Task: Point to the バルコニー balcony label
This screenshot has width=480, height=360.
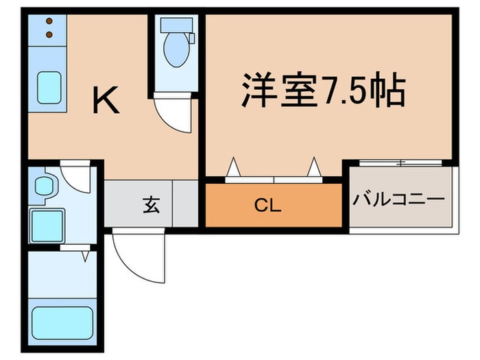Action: (x=399, y=200)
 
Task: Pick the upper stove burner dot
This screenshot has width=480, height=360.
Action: (x=49, y=22)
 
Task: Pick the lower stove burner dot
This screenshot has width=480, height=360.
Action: (x=49, y=34)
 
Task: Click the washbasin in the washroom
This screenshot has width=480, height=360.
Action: (x=45, y=186)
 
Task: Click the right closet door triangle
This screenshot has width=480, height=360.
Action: (x=315, y=167)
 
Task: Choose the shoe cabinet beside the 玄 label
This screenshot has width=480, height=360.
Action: (x=185, y=204)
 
